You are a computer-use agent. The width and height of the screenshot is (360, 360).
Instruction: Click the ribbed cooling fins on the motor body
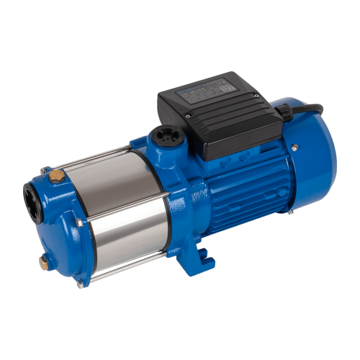tap(238, 187)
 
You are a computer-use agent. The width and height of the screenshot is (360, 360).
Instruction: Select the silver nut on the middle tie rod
tap(177, 193)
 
